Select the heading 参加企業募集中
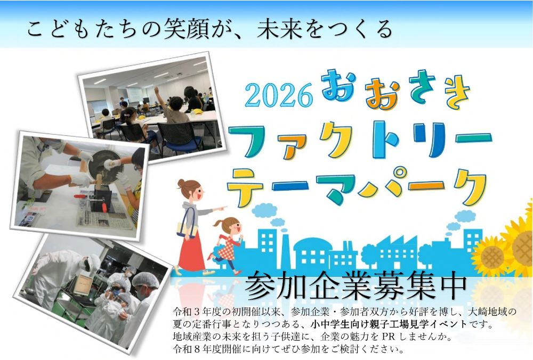pos(355,287)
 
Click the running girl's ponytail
pos(217,224)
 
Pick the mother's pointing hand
pos(223,208)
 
